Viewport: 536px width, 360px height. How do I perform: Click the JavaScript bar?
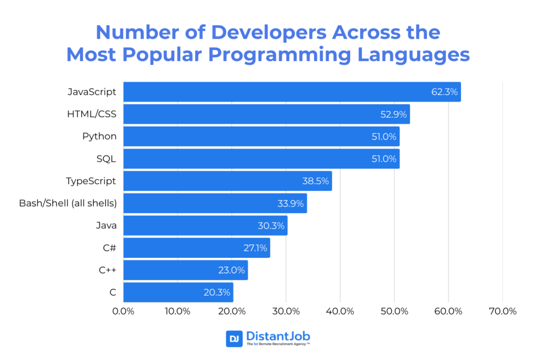click(x=292, y=92)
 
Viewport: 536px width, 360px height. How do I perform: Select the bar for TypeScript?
click(x=227, y=181)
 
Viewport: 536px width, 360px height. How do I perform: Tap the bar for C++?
click(x=185, y=271)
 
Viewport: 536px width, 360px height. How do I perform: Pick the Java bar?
click(x=205, y=226)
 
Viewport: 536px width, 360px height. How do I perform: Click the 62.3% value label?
click(x=444, y=92)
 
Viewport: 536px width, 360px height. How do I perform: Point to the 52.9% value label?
click(x=394, y=115)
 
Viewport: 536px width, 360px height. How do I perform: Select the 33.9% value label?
click(x=291, y=204)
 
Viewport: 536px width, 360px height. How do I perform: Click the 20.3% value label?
click(x=217, y=292)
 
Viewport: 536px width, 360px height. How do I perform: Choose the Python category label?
click(x=99, y=137)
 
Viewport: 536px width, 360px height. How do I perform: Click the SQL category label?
click(x=106, y=159)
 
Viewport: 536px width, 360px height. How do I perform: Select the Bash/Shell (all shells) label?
click(x=68, y=204)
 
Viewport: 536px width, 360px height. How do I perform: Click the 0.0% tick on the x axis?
click(x=124, y=311)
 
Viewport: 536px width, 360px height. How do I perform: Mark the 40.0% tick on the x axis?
click(x=340, y=311)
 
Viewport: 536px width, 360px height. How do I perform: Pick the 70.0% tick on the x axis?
click(x=502, y=311)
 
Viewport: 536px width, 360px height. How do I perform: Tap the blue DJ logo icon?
click(x=234, y=339)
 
